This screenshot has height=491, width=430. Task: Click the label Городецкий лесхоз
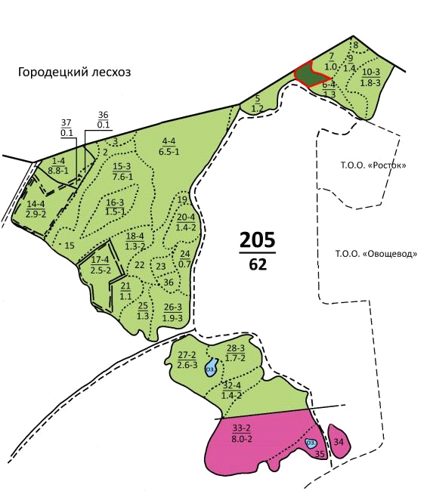coord(75,73)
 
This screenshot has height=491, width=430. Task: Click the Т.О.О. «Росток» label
coord(368,165)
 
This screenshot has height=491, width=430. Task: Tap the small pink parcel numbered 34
coord(339,442)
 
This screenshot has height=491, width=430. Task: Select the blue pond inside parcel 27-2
coord(212,369)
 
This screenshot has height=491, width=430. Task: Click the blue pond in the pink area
coord(311,443)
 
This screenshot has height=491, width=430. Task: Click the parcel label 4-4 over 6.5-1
coord(168,146)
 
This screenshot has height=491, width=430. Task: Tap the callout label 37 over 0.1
coord(67,128)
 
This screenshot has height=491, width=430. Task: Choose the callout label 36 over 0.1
coord(104,119)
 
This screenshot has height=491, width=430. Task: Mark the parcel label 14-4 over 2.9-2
coord(36,209)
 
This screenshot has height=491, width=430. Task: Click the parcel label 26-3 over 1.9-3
coord(173,312)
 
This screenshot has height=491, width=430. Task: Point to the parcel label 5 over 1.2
coord(257,104)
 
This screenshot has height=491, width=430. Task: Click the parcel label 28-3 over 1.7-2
coord(236,353)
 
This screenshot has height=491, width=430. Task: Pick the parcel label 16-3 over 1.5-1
coord(116,207)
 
